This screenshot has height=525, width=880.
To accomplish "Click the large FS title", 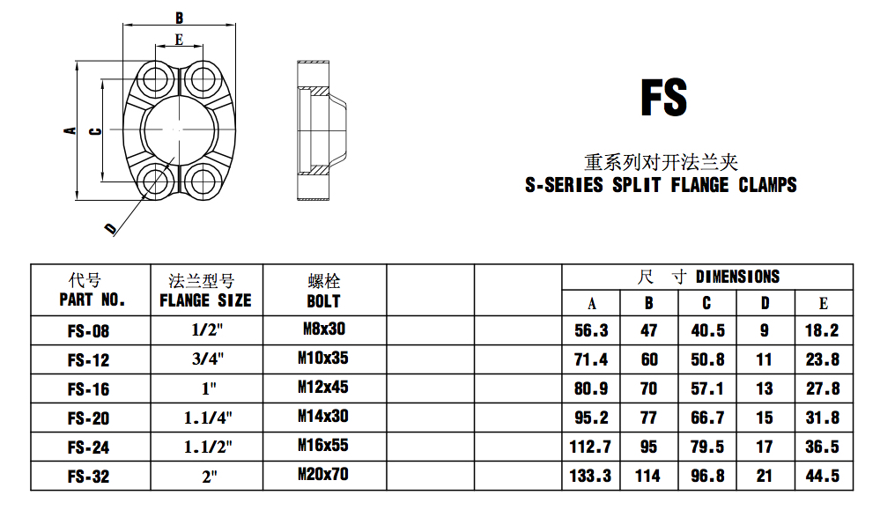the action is pos(664,98).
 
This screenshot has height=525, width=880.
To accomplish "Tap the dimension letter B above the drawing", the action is pos(179,18).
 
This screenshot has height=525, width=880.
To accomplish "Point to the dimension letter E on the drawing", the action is pos(179,40).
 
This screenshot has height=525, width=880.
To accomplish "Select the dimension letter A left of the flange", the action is pos(70,130).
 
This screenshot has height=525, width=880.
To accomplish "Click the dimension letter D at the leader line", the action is pos(111,228).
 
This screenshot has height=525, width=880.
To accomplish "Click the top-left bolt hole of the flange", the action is pos(154,78).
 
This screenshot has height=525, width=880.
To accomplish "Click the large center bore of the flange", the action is pos(178,129).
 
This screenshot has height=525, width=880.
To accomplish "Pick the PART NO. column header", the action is pos(92,299).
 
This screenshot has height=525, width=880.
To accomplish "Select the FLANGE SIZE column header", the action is pos(205,300).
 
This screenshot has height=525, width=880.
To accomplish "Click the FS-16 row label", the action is pos(89,389).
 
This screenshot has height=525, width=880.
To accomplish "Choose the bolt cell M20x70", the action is pos(323,475).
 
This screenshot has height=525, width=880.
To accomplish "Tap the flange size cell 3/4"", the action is pos(208,359).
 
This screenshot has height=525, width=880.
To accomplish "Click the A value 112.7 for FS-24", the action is pos(590,447).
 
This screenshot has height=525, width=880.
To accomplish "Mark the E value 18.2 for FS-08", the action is pos(822,330).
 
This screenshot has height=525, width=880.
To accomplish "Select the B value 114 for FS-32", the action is pos(647,477).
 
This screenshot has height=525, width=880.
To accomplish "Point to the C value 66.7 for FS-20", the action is pos(707,418).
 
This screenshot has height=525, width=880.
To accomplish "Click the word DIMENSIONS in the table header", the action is pos(737,277).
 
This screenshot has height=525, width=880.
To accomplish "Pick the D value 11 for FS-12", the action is pos(765,359).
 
